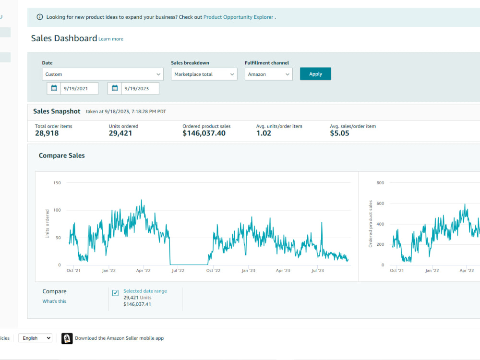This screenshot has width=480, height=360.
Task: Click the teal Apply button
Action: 315,74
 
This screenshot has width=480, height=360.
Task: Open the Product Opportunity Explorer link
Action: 238,17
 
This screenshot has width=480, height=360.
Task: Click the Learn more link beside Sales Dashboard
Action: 111,39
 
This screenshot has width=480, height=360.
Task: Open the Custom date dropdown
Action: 103,74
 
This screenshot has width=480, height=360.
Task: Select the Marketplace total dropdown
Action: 204,74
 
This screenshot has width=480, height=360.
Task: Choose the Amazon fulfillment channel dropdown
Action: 268,74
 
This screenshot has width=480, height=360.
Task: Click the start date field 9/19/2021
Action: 79,88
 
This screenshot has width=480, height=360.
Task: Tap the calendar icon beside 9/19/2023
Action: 115,88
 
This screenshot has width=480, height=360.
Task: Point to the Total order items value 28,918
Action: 47,133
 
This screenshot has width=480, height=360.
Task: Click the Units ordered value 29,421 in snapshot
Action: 120,133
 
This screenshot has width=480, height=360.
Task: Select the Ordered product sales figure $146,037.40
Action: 204,133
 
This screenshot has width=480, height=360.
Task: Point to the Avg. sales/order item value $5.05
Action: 339,133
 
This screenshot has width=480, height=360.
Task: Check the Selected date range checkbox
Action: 115,293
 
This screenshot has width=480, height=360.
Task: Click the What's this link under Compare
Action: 54,301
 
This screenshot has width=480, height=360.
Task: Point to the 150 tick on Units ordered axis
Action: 57,183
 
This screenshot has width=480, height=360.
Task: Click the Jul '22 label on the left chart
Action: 178,271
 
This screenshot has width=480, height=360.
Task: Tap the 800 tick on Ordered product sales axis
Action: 380,183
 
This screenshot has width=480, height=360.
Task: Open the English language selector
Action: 35,338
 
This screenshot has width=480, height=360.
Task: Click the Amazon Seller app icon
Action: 67,338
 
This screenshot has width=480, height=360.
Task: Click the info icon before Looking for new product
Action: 40,17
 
